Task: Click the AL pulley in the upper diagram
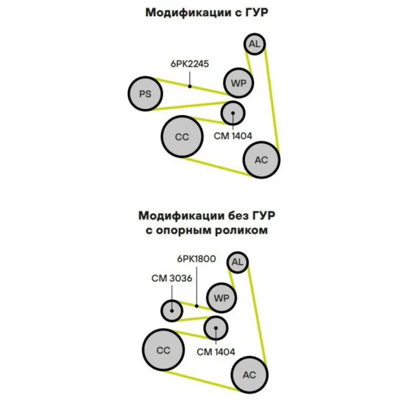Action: point(254,44)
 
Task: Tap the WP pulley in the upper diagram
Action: point(238,83)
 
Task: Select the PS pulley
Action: point(145,94)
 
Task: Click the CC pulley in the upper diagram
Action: point(182,137)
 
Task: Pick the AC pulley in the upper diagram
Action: point(261,160)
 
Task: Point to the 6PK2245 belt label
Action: point(190,64)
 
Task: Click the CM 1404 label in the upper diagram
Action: point(234,136)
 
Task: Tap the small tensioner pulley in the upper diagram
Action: point(233,112)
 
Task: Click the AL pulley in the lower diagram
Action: point(237,263)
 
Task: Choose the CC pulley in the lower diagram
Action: point(163,350)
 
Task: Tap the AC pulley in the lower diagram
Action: point(249,375)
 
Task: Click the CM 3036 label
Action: point(171,279)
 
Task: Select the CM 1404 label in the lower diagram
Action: point(216,352)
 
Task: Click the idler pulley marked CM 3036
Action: point(172,310)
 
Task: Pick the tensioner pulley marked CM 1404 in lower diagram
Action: point(216,328)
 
